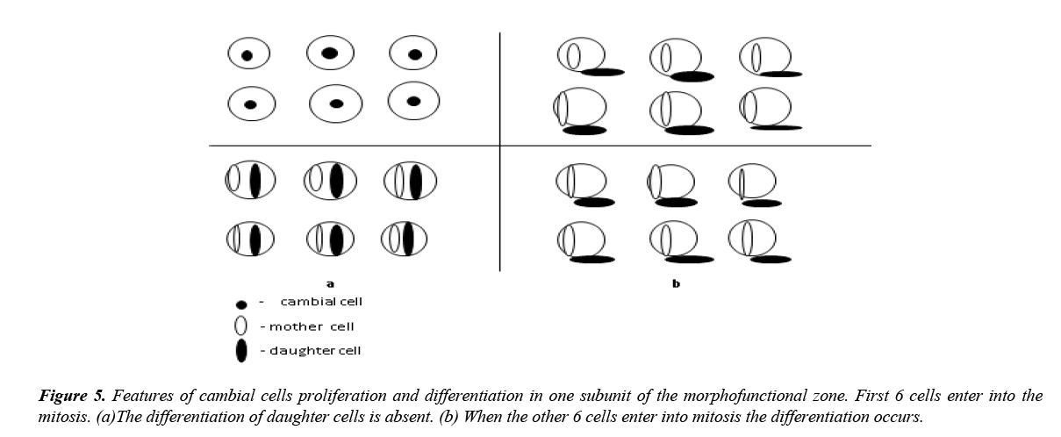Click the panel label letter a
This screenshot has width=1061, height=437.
[x=330, y=283]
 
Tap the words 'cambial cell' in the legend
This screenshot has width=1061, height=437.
[x=321, y=302]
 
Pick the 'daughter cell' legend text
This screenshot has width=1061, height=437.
[x=315, y=351]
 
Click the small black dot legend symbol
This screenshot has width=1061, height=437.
[x=241, y=304]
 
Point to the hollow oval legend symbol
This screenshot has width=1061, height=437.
[x=241, y=326]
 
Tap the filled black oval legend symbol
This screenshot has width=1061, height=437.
[x=241, y=351]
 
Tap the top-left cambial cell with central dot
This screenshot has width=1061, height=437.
[x=247, y=55]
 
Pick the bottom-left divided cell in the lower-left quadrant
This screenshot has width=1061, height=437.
[x=250, y=239]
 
